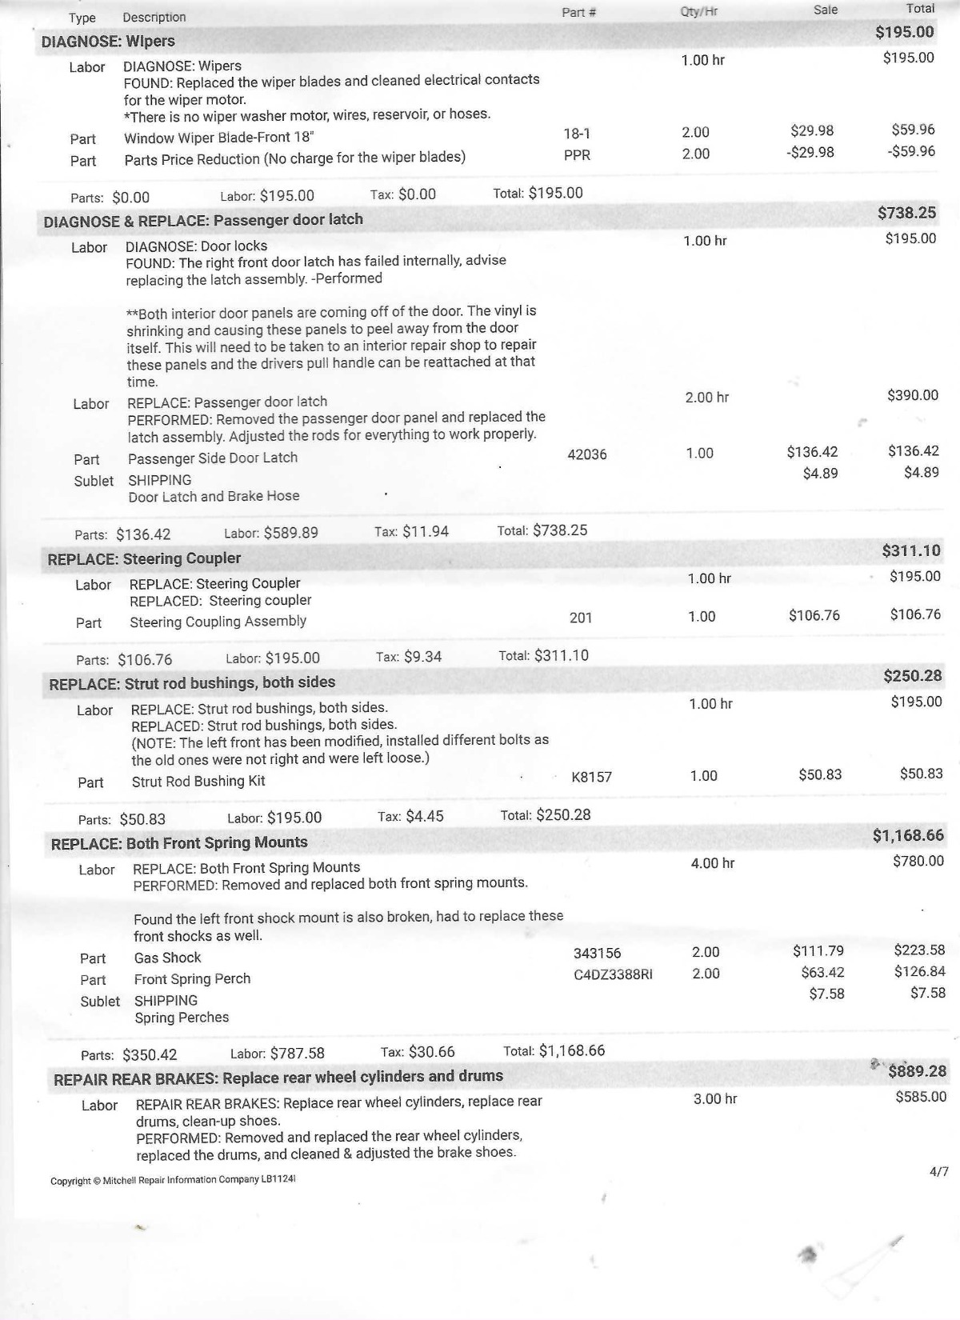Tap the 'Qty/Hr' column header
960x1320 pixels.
(698, 12)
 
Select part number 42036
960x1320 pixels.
(586, 454)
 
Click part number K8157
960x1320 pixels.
(591, 777)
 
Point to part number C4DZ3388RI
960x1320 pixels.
(613, 974)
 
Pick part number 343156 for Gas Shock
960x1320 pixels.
(597, 953)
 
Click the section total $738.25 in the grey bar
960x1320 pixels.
(906, 213)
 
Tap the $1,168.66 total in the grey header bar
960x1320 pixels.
(908, 835)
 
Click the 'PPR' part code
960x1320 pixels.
(577, 155)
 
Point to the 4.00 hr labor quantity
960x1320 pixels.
(712, 863)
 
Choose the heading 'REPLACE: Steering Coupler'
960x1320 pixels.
(144, 558)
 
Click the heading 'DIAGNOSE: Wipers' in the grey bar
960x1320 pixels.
(108, 41)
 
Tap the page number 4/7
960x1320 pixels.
(939, 1172)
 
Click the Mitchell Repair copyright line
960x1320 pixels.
(173, 1180)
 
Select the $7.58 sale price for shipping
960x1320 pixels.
(827, 994)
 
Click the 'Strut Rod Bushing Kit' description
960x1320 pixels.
(198, 781)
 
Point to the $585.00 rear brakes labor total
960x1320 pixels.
(921, 1097)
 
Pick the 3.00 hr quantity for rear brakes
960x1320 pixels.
(715, 1099)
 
